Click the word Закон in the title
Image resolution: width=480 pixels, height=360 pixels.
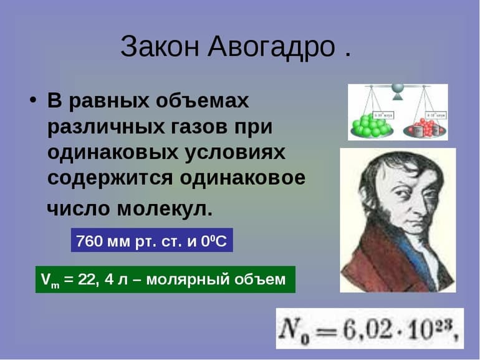(x=159, y=47)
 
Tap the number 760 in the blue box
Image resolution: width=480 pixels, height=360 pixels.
(x=88, y=241)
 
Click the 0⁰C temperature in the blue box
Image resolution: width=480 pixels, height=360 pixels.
(x=216, y=241)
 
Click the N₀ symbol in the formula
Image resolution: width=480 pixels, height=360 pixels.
(x=294, y=328)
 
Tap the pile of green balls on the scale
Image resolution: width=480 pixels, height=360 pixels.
(x=372, y=125)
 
